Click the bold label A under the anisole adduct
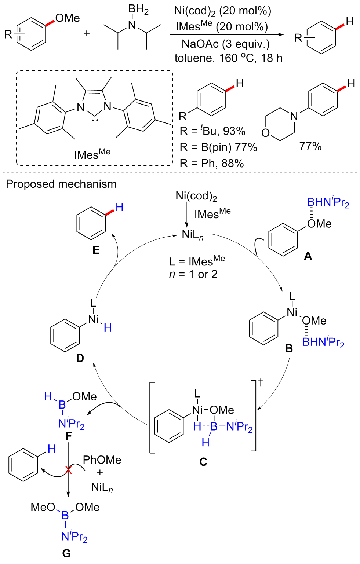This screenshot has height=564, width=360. (x=308, y=256)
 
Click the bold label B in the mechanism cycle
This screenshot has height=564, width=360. (x=289, y=348)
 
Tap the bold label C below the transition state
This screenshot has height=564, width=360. (x=203, y=462)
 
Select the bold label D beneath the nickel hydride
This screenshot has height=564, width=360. (x=80, y=358)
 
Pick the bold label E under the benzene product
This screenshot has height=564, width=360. (x=96, y=250)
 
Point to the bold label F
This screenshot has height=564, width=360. (x=69, y=436)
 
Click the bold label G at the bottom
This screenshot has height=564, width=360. (x=66, y=553)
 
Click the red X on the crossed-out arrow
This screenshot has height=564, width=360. (x=69, y=470)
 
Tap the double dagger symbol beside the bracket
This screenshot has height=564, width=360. (x=261, y=383)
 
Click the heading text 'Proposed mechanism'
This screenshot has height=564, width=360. (x=61, y=184)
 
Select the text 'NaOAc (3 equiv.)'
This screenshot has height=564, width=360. (x=226, y=44)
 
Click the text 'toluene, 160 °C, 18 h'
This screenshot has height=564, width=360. (x=228, y=58)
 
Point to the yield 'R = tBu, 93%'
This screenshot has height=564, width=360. (x=212, y=131)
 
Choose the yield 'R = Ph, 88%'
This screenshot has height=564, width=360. (x=212, y=163)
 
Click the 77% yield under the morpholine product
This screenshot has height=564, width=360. (x=310, y=147)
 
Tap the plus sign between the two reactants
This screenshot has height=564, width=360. (x=87, y=34)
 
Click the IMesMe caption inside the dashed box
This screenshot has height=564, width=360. (x=92, y=154)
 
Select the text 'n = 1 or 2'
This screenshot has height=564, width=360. (x=193, y=274)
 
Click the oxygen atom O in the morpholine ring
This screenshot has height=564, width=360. (x=265, y=133)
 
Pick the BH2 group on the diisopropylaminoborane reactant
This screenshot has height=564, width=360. (x=138, y=10)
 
